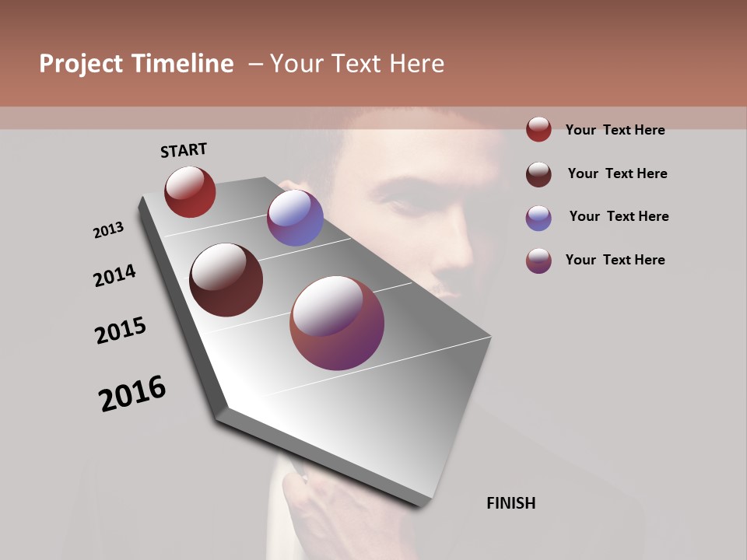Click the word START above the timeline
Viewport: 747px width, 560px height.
tap(184, 150)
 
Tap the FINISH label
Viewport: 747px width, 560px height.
tap(510, 503)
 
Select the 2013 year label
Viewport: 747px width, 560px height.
tap(108, 230)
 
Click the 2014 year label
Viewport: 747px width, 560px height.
tap(114, 275)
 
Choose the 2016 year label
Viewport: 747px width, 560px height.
tap(132, 394)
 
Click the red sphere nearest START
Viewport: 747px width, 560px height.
tap(190, 191)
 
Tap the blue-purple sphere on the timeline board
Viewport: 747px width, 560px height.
tap(295, 218)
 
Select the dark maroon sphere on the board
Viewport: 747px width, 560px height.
tap(226, 280)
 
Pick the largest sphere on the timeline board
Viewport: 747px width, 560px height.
tap(337, 323)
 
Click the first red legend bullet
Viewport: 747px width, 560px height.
tap(538, 129)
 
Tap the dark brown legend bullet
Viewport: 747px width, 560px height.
tap(538, 174)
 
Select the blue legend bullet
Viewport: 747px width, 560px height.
tap(538, 218)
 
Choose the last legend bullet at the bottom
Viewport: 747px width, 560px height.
tap(538, 261)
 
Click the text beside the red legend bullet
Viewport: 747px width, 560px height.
tap(615, 130)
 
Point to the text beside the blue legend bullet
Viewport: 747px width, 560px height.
tap(619, 216)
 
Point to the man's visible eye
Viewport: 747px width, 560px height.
tap(404, 204)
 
